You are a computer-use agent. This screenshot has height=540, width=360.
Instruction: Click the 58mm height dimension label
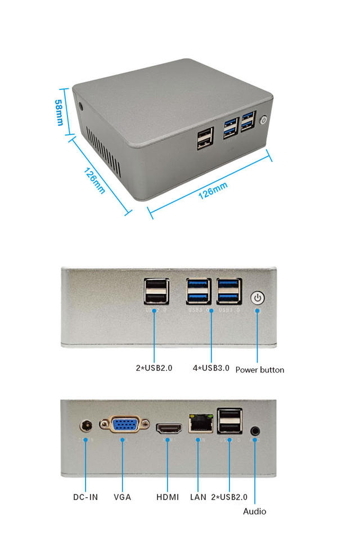(59, 112)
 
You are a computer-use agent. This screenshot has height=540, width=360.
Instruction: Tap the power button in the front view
(257, 298)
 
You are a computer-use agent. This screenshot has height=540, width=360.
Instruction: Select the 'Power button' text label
(259, 370)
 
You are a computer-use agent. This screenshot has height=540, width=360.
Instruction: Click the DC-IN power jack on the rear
(86, 426)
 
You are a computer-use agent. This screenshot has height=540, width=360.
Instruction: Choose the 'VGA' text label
(122, 497)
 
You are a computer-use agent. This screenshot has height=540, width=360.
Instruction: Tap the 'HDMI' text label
(168, 497)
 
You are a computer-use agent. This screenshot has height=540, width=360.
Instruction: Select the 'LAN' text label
(198, 497)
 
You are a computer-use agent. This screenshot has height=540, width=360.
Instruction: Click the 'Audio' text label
(254, 511)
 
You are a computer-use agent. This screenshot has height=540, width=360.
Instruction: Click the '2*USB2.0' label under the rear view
(229, 497)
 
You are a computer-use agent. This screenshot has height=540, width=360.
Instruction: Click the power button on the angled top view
(264, 120)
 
